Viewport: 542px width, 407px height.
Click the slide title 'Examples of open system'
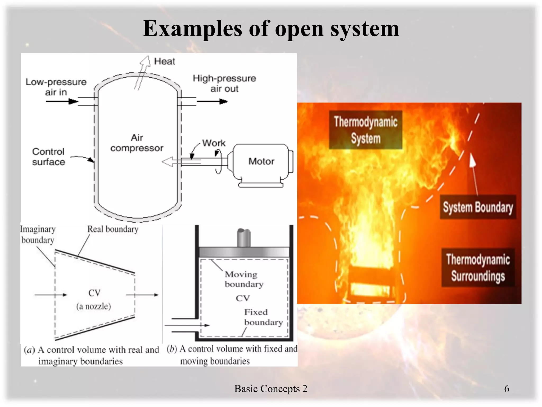[x=271, y=29]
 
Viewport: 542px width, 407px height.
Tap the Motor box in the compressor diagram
[x=261, y=161]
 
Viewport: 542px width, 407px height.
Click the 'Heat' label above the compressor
[x=164, y=61]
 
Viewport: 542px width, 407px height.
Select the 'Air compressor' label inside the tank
[x=137, y=143]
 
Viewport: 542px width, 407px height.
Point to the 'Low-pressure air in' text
[x=56, y=87]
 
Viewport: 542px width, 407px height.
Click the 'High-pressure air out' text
[x=224, y=83]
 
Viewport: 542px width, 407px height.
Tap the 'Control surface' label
[x=48, y=157]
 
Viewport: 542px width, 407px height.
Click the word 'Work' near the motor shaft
[x=214, y=143]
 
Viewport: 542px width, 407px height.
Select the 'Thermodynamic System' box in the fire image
[x=365, y=130]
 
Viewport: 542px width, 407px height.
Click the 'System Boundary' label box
[x=478, y=207]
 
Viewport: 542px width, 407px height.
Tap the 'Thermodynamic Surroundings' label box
[x=478, y=268]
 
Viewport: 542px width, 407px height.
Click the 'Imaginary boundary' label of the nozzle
[x=38, y=235]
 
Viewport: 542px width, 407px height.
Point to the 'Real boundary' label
[x=113, y=229]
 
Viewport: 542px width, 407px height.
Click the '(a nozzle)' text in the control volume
[x=94, y=307]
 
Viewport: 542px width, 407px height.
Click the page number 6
[x=507, y=389]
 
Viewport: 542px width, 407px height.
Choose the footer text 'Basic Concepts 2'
[x=271, y=389]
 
